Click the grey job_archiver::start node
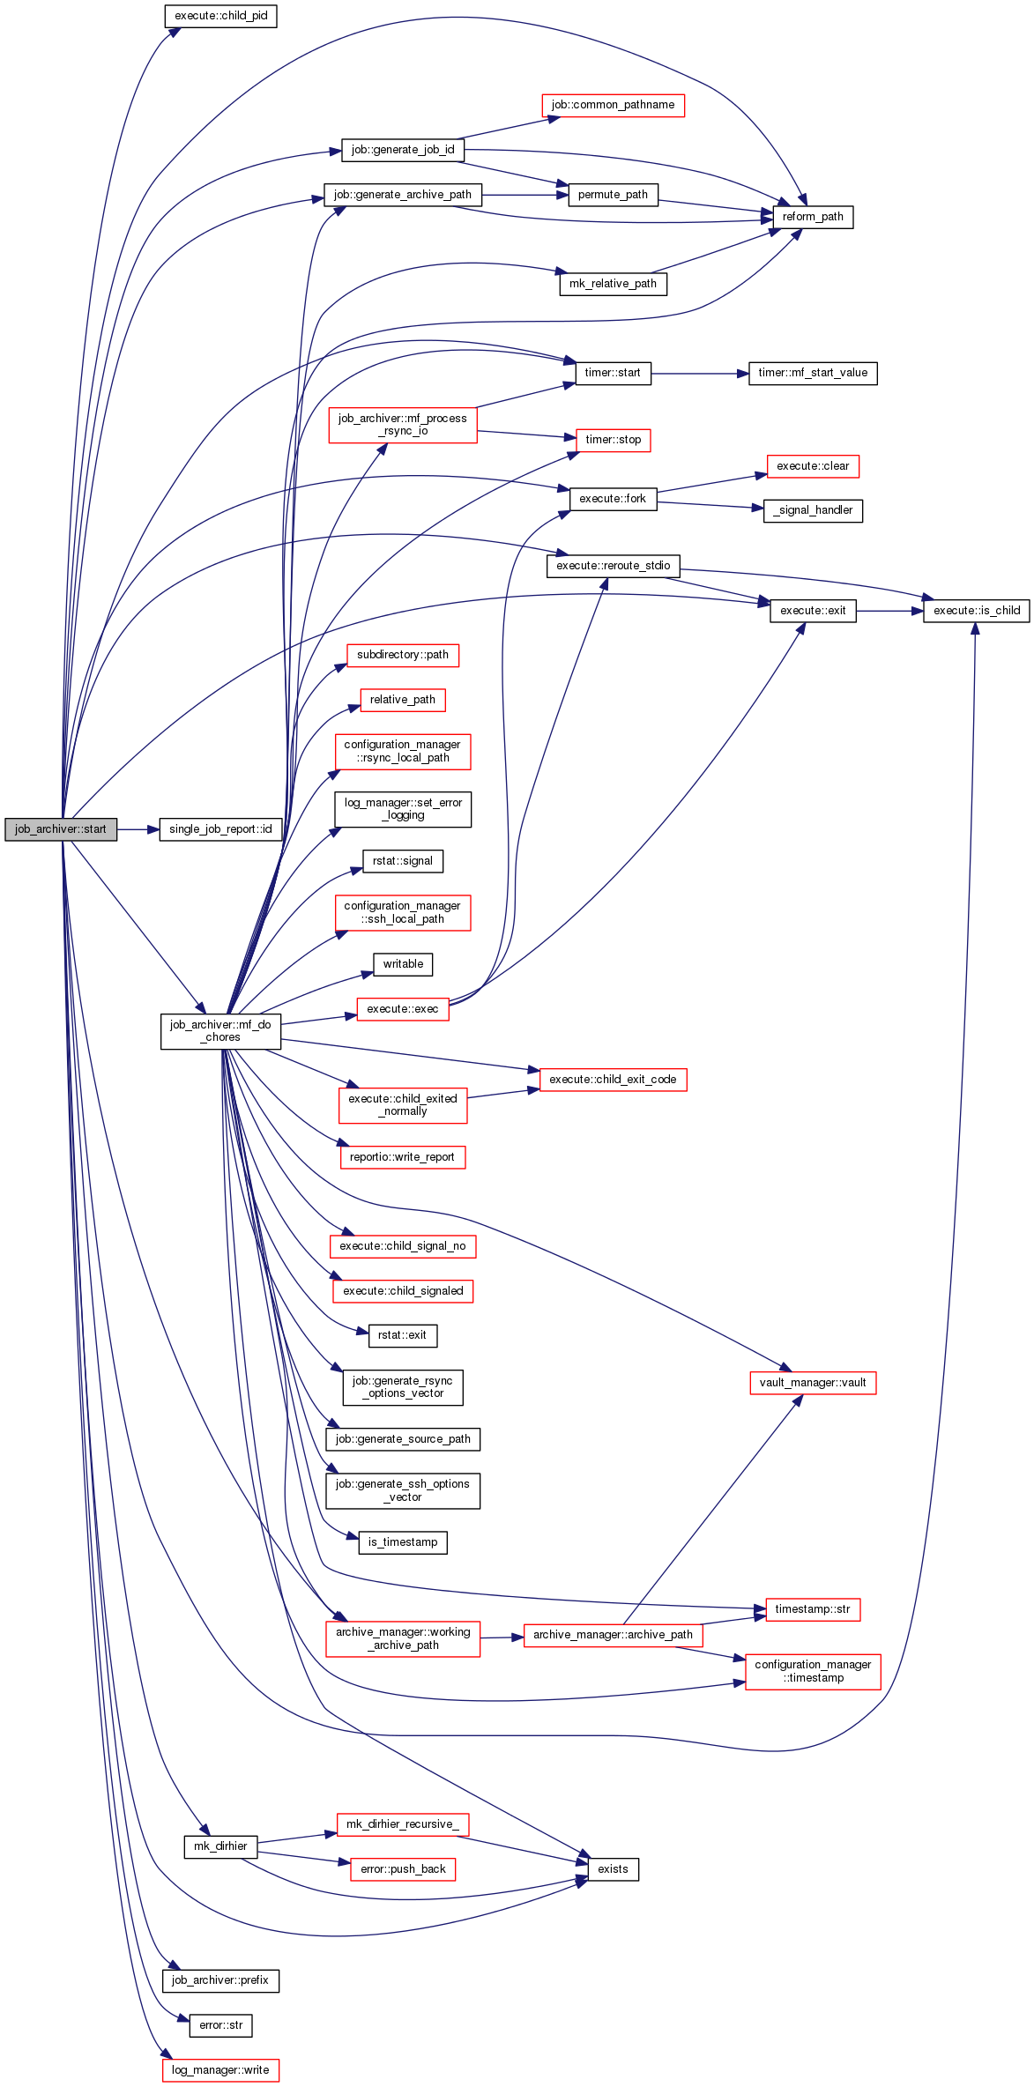coord(61,829)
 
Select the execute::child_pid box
coord(220,16)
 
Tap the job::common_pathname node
coord(613,105)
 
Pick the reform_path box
coord(813,217)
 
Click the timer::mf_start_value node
coord(813,373)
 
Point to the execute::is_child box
coord(976,610)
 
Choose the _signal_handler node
coord(813,510)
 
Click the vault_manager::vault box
coord(812,1382)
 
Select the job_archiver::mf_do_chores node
coord(220,1031)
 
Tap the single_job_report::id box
coord(220,829)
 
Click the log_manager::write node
coord(220,2069)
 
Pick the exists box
coord(613,1868)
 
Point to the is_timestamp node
coord(403,1541)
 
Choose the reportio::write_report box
coord(402,1156)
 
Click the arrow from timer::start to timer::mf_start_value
coord(700,374)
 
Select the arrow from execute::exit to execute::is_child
coord(889,611)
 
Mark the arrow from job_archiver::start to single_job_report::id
coord(138,829)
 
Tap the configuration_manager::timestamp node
coord(813,1671)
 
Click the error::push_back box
coord(403,1868)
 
